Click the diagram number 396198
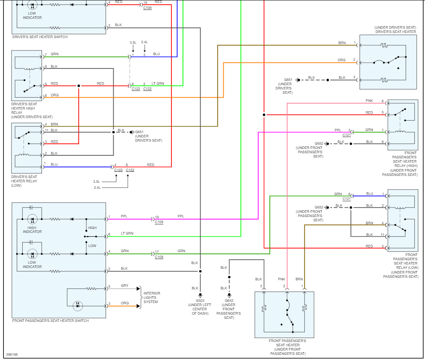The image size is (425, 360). (12, 354)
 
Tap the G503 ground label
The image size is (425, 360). (200, 300)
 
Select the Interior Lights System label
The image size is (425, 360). (152, 298)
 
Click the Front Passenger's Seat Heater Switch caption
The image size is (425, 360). (50, 321)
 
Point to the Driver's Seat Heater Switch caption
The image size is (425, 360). (40, 37)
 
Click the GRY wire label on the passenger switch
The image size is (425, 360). (125, 286)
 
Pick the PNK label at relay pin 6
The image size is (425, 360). (369, 101)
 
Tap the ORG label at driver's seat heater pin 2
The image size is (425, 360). (342, 60)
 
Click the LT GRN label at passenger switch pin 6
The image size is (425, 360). (127, 233)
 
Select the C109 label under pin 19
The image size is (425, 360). (159, 222)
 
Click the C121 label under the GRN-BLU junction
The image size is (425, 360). (347, 199)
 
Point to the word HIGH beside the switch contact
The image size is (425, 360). (92, 228)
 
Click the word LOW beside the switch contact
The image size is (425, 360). (92, 246)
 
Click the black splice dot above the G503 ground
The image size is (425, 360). (200, 271)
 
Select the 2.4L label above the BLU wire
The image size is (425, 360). (145, 42)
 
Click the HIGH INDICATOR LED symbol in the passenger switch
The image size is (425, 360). (32, 219)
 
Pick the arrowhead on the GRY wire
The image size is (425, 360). (139, 289)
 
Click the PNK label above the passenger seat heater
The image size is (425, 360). (282, 279)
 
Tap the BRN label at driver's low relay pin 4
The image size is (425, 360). (54, 124)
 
